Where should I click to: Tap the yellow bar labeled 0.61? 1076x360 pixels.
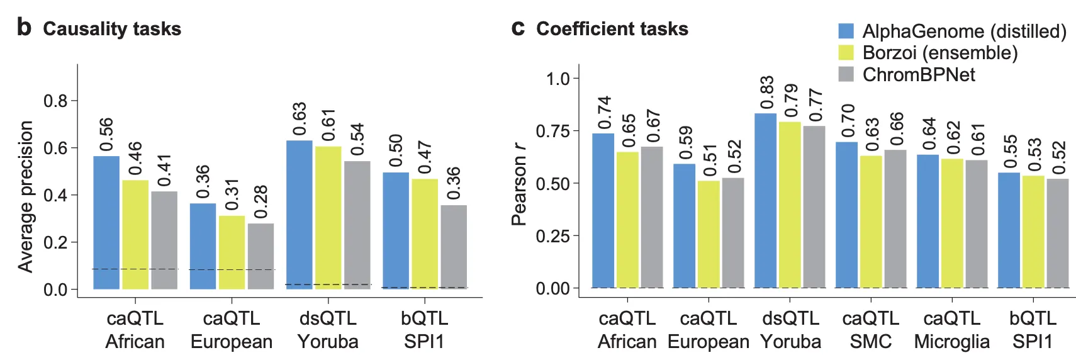(x=328, y=218)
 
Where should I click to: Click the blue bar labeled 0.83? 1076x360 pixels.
(x=765, y=201)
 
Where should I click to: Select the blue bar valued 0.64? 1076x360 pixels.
(x=927, y=221)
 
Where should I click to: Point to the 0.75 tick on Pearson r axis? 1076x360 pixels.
(x=552, y=131)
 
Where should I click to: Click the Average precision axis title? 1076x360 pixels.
(x=25, y=196)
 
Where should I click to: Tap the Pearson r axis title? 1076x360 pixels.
(x=518, y=184)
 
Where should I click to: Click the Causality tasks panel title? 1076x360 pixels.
(x=111, y=29)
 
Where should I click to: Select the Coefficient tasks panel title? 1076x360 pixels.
(x=612, y=29)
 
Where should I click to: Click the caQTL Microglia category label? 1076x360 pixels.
(x=951, y=330)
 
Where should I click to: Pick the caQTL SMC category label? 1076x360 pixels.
(x=871, y=330)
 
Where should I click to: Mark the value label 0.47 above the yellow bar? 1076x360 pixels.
(x=425, y=157)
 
